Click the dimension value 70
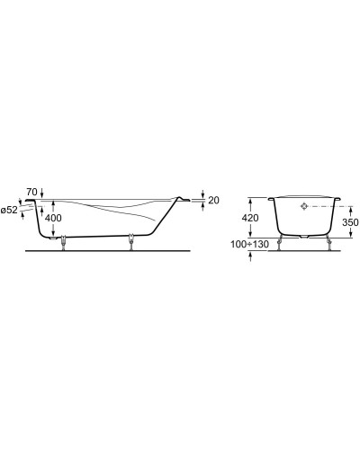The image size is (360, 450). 31,193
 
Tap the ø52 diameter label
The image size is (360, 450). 11,210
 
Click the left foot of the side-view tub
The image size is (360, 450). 63,242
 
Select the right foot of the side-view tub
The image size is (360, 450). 132,242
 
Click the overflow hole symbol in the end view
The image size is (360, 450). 304,206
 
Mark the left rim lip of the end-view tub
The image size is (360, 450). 274,197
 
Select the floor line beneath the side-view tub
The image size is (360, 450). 108,249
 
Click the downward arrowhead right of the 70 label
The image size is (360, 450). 44,195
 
